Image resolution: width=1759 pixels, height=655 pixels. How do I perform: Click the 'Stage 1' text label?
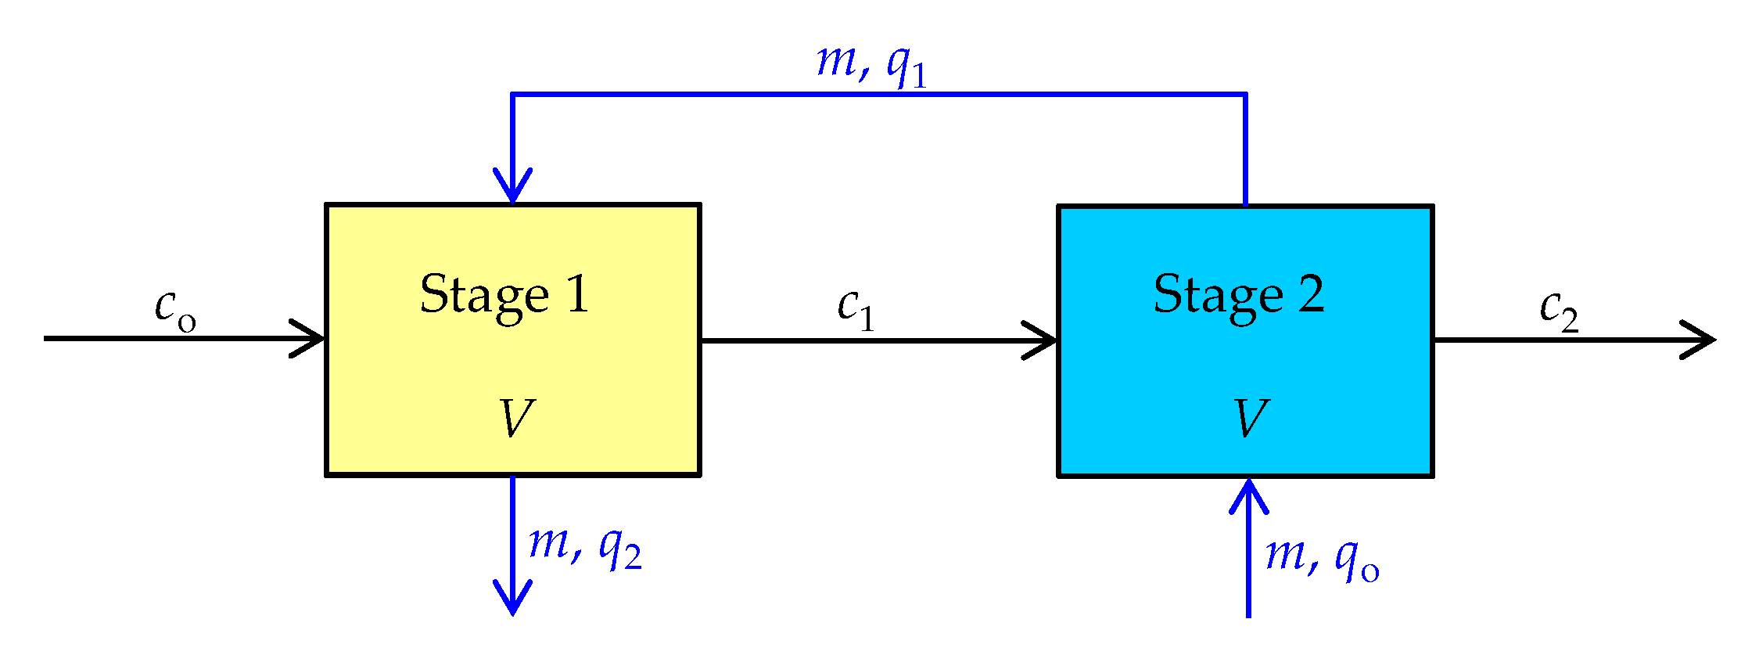click(504, 296)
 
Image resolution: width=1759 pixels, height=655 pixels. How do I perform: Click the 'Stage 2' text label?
click(1239, 296)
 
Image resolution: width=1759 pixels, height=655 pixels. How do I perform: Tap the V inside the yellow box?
click(516, 418)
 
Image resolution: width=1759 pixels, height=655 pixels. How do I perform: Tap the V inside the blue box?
click(1251, 418)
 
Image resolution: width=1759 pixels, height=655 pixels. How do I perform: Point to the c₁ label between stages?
click(856, 308)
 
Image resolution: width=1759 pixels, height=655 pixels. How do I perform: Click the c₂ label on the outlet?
click(1559, 309)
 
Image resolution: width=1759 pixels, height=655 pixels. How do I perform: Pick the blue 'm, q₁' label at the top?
click(871, 64)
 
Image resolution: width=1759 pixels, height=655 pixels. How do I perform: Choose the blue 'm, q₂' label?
click(585, 545)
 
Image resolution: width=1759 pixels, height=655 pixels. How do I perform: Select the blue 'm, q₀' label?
click(1322, 558)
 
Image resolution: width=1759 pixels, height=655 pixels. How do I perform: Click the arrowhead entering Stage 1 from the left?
click(311, 339)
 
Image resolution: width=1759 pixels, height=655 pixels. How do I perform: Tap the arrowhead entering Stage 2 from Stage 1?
click(1043, 340)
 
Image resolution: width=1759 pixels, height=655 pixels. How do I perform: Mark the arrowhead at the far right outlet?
click(1702, 340)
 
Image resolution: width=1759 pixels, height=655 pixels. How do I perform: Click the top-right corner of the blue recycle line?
click(1245, 95)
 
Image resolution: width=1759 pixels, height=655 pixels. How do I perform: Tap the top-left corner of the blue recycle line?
click(512, 95)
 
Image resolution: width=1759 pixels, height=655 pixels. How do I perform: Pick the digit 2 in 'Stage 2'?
click(1312, 294)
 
